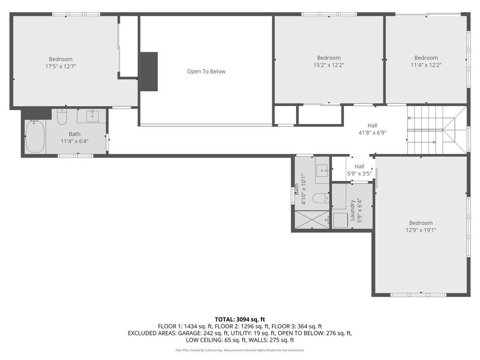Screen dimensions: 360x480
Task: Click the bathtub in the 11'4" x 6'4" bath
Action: [34, 136]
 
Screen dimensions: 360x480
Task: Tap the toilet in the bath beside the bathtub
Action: [62, 117]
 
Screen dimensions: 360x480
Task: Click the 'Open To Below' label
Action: [206, 72]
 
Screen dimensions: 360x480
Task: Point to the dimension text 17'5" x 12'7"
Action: [60, 66]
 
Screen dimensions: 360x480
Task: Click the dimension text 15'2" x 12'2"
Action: [329, 65]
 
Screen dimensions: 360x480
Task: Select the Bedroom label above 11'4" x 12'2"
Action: [426, 58]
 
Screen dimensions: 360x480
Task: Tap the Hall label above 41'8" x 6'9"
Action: [373, 126]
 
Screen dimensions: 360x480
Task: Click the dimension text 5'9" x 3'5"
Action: [360, 173]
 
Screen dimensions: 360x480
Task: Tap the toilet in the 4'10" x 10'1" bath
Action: [319, 198]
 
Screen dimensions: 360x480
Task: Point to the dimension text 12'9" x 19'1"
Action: [420, 230]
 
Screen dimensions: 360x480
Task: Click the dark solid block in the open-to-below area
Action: [149, 72]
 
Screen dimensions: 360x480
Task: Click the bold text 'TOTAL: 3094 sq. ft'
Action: [240, 319]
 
